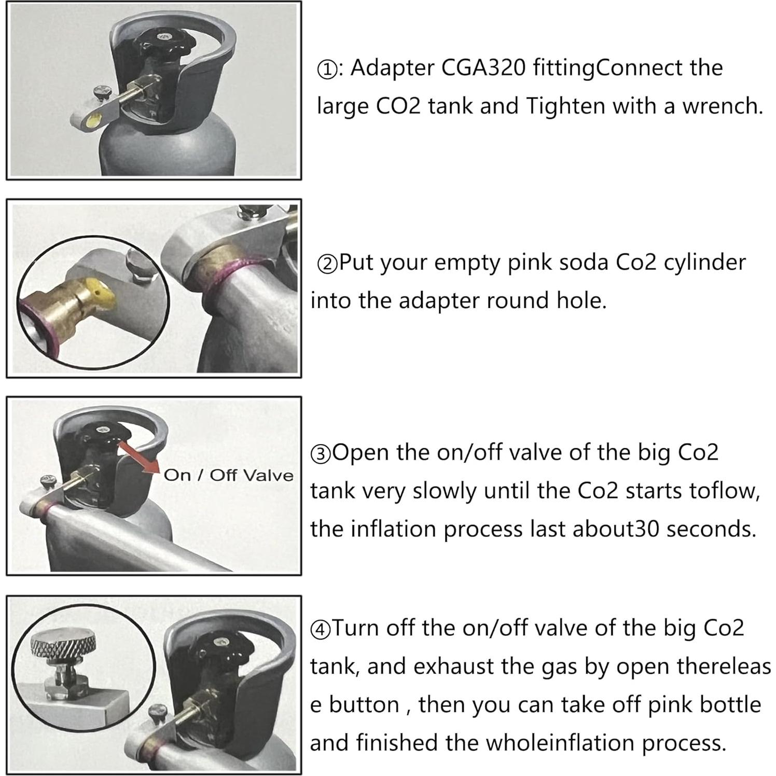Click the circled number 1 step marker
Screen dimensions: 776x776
click(x=327, y=70)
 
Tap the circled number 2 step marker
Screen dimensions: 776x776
click(x=327, y=264)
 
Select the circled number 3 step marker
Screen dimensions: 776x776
click(x=321, y=454)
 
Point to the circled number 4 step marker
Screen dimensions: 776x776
click(x=321, y=630)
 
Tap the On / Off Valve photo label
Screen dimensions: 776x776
click(x=228, y=475)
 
